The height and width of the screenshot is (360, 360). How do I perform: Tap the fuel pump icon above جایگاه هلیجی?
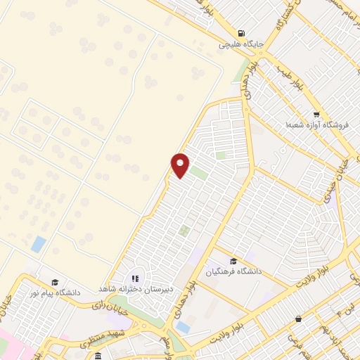[x=242, y=33]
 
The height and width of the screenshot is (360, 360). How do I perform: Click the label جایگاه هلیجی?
[x=240, y=44]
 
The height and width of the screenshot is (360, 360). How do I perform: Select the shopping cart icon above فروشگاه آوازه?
[x=316, y=115]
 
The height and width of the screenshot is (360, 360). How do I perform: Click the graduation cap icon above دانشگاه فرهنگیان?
[x=232, y=261]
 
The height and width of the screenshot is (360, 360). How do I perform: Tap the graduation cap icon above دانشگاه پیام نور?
[x=54, y=281]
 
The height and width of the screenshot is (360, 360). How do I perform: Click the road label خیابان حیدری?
[x=331, y=184]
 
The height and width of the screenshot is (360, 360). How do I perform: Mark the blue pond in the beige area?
[x=39, y=245]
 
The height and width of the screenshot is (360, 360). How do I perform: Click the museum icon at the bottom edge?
[x=98, y=356]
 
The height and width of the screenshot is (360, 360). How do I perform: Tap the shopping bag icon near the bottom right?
[x=299, y=319]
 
